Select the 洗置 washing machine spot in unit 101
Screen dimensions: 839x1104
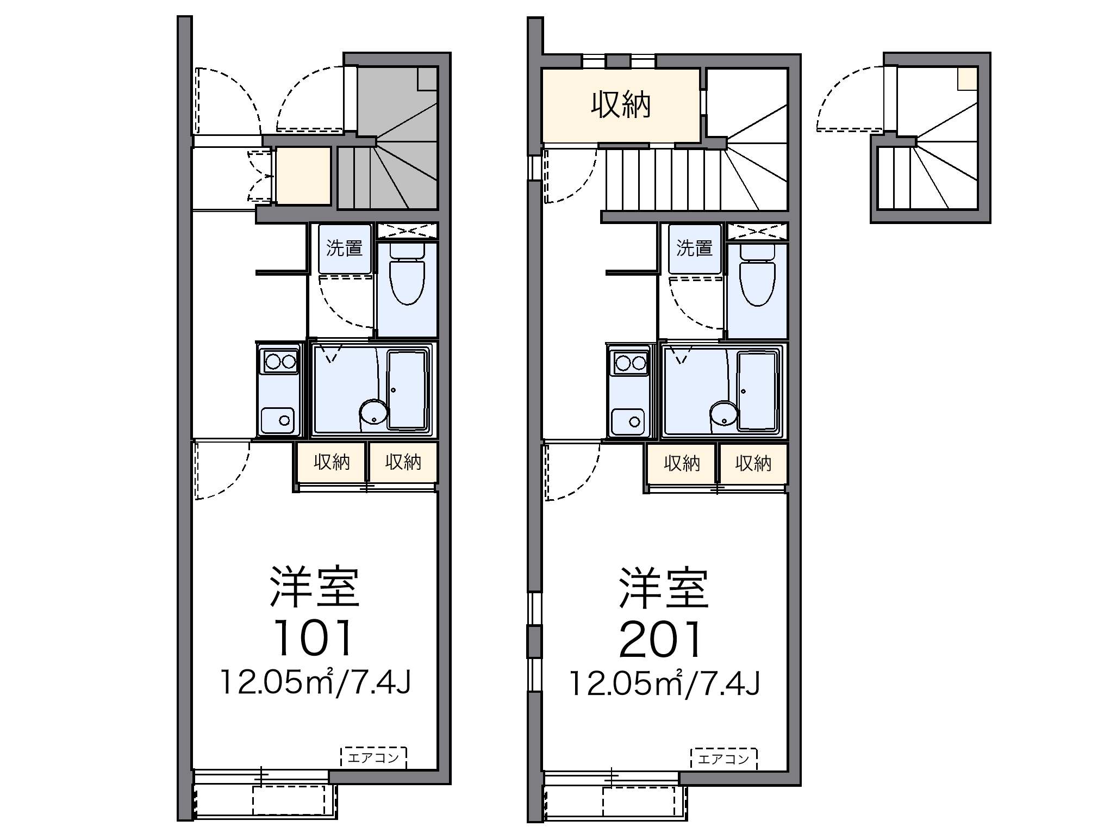tap(345, 249)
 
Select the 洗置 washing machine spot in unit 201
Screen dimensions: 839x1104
tap(695, 249)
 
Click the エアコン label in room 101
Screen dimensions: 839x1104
tap(373, 757)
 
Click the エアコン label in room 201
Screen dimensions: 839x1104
tap(723, 759)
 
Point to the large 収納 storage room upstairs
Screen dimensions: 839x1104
tap(621, 105)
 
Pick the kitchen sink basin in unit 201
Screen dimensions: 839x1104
tap(628, 421)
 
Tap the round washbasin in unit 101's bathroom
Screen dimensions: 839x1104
tap(373, 413)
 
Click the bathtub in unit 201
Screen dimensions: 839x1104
tap(758, 390)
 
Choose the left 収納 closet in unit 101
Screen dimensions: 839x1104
tap(332, 462)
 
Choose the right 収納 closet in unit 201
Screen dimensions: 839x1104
tap(753, 463)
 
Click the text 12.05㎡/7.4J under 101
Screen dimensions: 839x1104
tap(314, 683)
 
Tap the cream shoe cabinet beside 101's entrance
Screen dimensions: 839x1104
tap(303, 175)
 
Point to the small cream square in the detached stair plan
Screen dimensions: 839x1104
tap(968, 78)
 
